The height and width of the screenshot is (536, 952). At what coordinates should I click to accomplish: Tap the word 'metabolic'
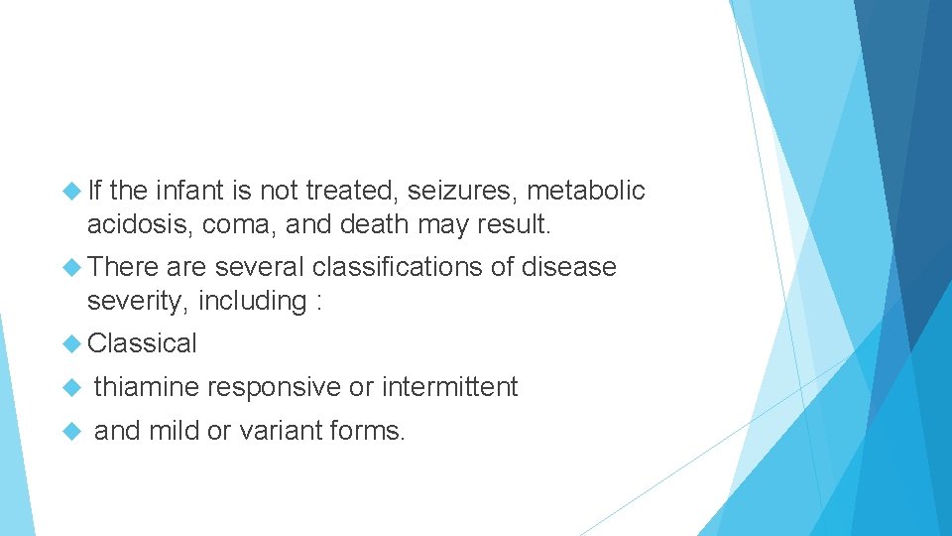586,191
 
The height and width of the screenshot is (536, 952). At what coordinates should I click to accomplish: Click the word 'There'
123,267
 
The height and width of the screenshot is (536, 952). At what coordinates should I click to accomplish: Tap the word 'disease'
568,267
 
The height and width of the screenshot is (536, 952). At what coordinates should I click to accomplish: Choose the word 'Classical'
143,343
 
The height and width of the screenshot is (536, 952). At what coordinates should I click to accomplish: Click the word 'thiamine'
147,387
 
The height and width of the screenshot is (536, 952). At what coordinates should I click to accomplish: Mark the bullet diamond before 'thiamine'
71,387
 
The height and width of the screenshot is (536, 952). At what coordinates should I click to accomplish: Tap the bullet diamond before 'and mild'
71,431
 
